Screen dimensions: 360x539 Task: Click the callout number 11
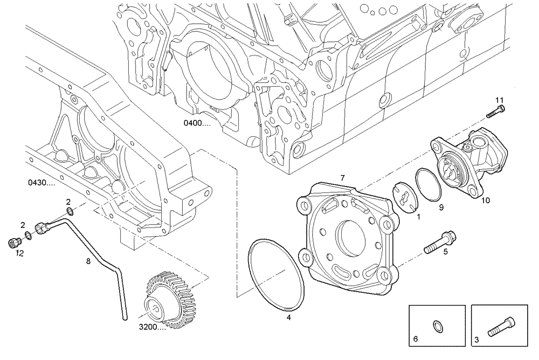[x=499, y=100]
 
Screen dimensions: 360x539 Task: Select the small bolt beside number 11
[x=495, y=112]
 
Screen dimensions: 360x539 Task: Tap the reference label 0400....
[x=196, y=123]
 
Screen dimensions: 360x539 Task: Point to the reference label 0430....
[x=41, y=182]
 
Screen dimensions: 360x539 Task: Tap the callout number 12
[x=19, y=253]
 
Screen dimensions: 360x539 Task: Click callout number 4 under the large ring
[x=288, y=318]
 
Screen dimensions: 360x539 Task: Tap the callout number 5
[x=445, y=251]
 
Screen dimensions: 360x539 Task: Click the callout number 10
[x=485, y=200]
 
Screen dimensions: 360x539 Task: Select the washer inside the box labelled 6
[x=438, y=326]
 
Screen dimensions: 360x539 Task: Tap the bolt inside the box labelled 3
[x=499, y=326]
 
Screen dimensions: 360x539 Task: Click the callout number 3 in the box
[x=476, y=340]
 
